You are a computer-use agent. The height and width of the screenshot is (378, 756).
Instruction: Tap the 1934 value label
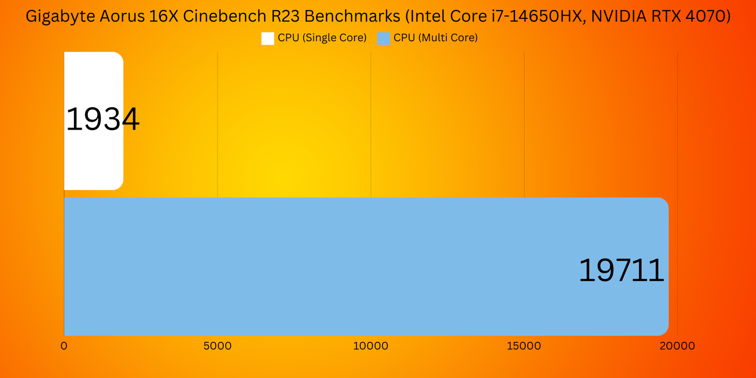103,120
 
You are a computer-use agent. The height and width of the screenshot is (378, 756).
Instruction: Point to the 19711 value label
621,270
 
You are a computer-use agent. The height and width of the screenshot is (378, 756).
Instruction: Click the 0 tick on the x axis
64,346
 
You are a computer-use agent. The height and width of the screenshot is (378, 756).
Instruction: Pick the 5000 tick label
217,346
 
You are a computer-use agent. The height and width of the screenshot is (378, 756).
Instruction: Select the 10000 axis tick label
371,346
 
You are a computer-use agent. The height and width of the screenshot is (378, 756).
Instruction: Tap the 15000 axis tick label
524,346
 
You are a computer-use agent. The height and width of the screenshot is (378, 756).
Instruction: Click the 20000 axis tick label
677,346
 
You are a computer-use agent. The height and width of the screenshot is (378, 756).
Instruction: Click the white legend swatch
268,38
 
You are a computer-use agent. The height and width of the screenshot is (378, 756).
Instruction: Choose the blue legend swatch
383,38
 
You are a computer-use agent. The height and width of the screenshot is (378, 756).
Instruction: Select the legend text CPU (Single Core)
322,38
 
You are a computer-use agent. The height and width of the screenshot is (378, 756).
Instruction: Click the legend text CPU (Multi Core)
435,38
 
